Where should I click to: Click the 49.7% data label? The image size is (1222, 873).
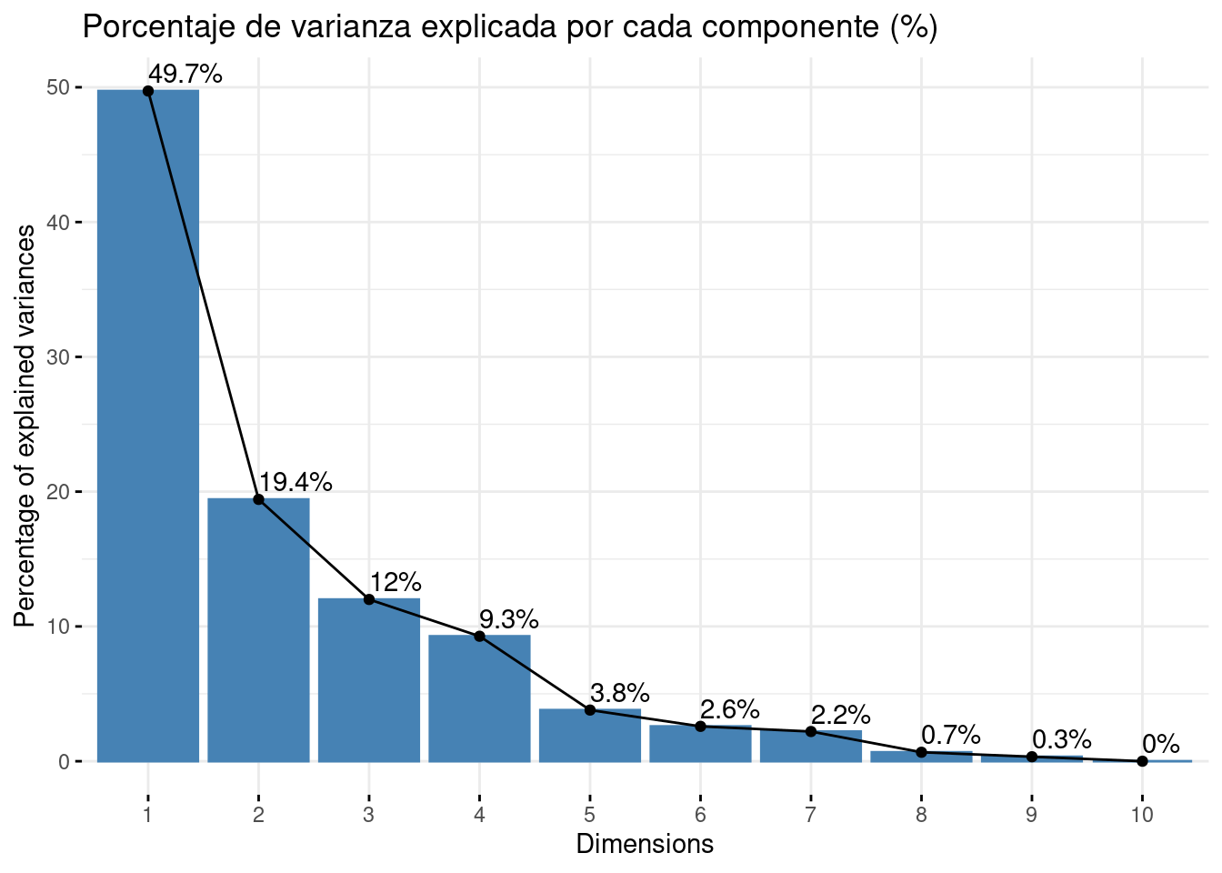(185, 75)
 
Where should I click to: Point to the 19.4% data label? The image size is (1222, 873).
(295, 482)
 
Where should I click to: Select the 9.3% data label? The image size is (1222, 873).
(508, 621)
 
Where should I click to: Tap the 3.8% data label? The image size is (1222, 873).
(619, 693)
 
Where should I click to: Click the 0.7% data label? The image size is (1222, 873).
(950, 735)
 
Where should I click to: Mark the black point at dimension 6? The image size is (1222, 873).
(700, 727)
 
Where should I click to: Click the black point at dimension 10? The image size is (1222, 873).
(1142, 761)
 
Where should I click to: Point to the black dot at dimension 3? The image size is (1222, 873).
(368, 599)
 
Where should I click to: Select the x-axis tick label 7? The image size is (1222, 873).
(810, 815)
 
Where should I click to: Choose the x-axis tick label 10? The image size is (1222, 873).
(1142, 815)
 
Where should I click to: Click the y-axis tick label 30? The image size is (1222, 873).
(58, 356)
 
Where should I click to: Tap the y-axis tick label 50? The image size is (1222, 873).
(58, 87)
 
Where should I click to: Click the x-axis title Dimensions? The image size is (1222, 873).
(645, 844)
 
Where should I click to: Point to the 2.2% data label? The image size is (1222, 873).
(840, 715)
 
